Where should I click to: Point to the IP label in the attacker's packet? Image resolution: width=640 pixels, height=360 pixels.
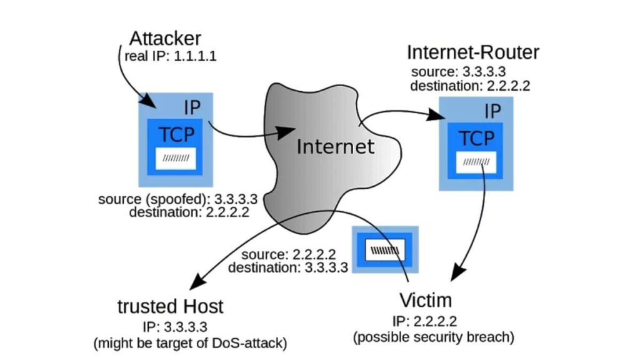pyautogui.click(x=192, y=107)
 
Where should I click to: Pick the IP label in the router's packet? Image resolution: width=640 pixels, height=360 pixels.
pyautogui.click(x=493, y=111)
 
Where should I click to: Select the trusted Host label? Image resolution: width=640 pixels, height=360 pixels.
pyautogui.click(x=170, y=307)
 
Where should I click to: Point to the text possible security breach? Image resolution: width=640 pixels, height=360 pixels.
pyautogui.click(x=433, y=337)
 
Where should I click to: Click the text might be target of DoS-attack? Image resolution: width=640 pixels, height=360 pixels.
pyautogui.click(x=190, y=342)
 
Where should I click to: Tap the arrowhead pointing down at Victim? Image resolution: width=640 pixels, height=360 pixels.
pyautogui.click(x=459, y=273)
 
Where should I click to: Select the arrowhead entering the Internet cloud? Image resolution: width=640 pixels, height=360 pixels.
pyautogui.click(x=288, y=132)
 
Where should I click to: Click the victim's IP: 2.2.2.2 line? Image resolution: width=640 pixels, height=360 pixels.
pyautogui.click(x=425, y=322)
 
